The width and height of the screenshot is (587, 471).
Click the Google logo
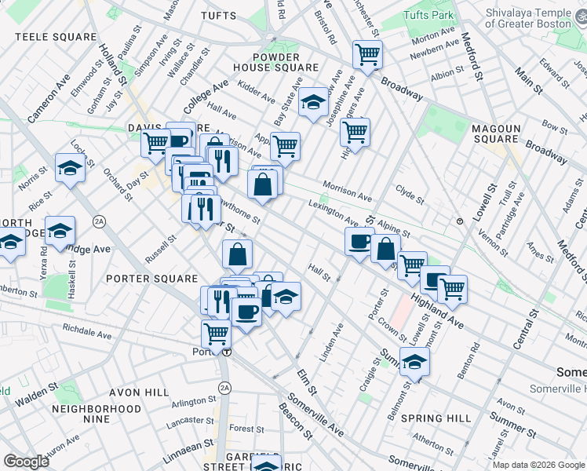point(26,461)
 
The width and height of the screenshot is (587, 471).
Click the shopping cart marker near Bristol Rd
point(366,53)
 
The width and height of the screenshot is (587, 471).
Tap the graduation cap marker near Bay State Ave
point(313,101)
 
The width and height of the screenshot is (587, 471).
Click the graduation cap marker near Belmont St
point(414,361)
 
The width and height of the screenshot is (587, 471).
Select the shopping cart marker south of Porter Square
point(216,333)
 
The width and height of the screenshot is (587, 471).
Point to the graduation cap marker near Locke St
point(71,167)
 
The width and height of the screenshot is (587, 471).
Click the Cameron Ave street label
point(49,97)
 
